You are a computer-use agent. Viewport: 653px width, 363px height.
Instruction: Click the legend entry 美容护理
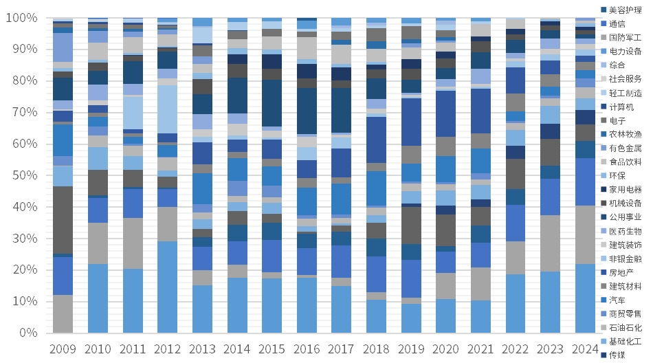coord(623,10)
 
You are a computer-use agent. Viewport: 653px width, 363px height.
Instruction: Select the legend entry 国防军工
coord(623,37)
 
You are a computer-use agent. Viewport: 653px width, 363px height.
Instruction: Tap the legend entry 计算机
coord(621,107)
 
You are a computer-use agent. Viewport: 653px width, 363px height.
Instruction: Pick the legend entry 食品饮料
coord(623,162)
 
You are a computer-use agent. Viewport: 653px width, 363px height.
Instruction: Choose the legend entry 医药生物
coord(623,230)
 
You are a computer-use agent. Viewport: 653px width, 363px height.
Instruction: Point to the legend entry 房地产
coord(621,272)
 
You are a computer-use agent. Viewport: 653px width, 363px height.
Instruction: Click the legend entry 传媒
coord(618,355)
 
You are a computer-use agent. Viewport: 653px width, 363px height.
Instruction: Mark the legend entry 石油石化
coord(623,327)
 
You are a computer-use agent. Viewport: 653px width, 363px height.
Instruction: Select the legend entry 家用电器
coord(623,189)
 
